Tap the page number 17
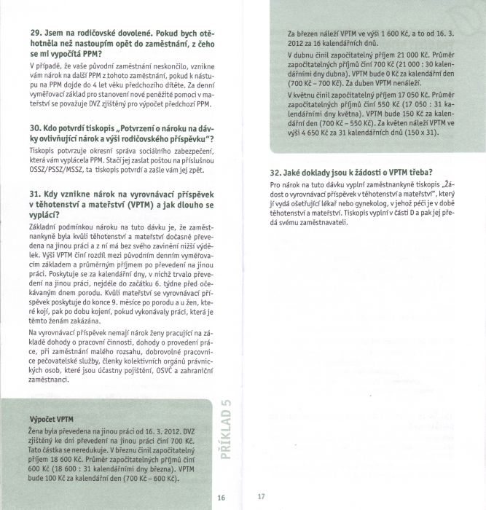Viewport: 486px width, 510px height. pyautogui.click(x=262, y=498)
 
